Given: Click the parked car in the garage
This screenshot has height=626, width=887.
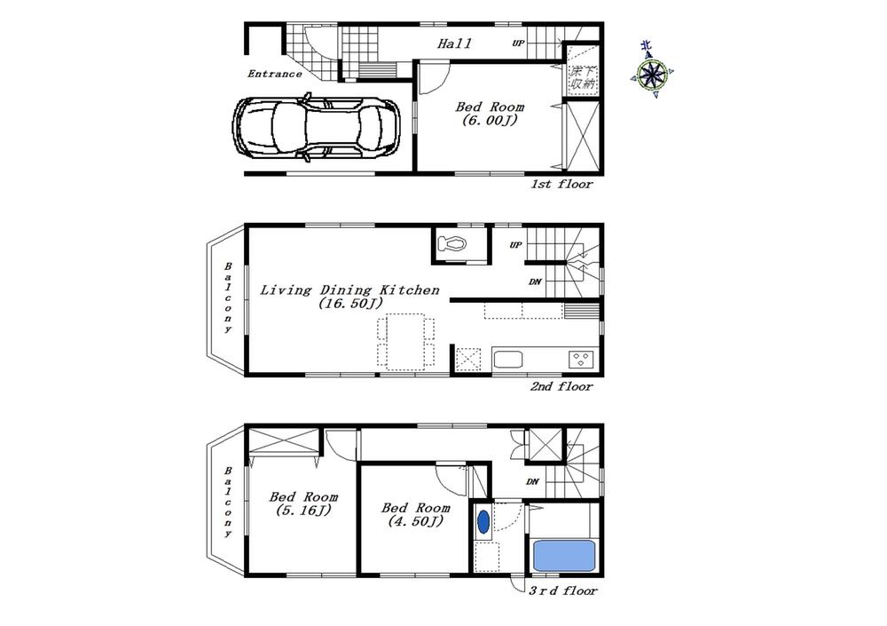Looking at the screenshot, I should (317, 129).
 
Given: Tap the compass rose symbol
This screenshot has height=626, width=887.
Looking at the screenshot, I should (652, 74).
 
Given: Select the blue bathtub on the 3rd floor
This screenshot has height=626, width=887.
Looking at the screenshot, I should (563, 557).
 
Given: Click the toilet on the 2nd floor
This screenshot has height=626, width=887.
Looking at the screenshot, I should (454, 243).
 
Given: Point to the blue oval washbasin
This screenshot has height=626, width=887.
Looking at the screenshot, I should (483, 522).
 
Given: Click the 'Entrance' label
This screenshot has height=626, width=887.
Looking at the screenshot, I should (275, 74).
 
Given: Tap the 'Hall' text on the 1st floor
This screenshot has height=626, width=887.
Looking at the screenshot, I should (454, 43).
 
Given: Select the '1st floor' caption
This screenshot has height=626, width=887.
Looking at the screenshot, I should (561, 185).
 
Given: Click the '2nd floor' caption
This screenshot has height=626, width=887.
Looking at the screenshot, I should (561, 386).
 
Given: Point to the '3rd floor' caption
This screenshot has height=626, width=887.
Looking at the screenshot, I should (564, 590).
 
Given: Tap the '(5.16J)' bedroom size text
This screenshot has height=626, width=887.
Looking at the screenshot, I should (302, 511).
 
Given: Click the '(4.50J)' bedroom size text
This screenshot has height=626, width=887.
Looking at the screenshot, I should (416, 522).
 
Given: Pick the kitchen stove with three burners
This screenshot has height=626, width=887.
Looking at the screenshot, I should (582, 360).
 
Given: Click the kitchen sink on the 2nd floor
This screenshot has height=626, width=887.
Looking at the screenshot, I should (509, 360).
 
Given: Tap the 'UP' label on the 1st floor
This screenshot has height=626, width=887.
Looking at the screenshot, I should (517, 43).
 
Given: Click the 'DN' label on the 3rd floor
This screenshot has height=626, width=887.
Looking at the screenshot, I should (532, 482).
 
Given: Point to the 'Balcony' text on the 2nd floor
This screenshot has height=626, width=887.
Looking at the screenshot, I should (228, 297).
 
